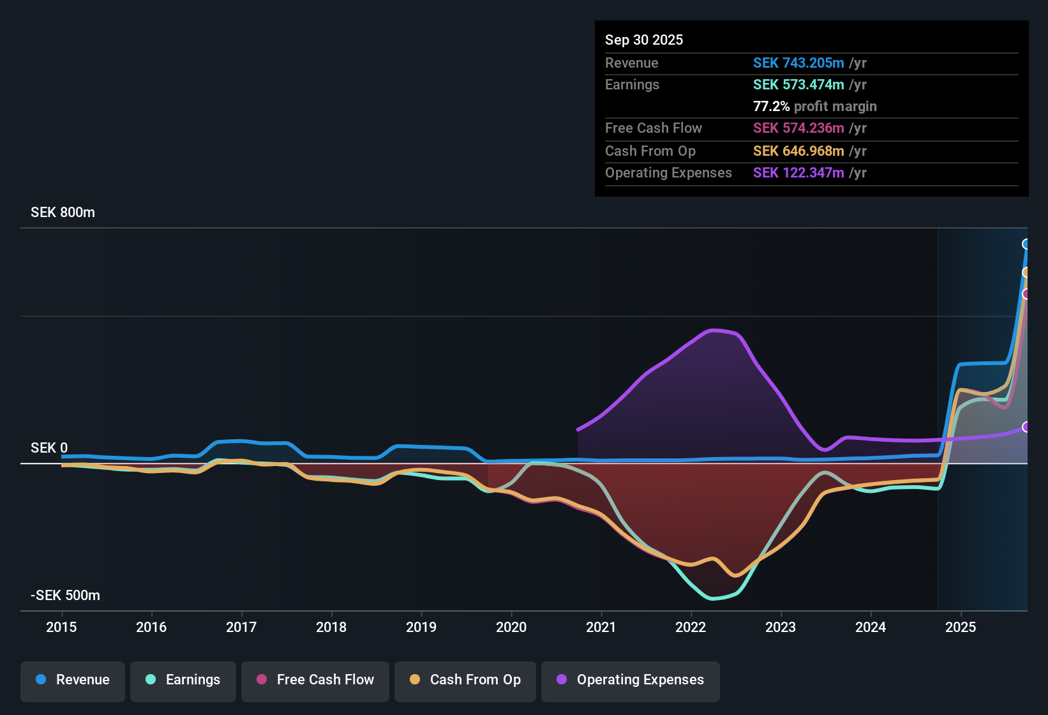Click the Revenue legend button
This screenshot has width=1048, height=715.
pos(73,680)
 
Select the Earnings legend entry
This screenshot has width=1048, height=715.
pos(183,680)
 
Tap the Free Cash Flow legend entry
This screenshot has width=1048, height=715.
pos(315,680)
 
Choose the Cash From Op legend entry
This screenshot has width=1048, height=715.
pos(465,680)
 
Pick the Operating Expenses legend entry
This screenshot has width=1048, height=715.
pos(630,680)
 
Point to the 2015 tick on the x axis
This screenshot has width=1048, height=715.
pos(61,627)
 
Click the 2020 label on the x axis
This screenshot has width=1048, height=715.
pos(511,627)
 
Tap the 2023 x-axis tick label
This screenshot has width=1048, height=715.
pos(781,627)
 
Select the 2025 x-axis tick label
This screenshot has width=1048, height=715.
pos(961,627)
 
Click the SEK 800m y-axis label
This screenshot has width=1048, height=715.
pos(63,213)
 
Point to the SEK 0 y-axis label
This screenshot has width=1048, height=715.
pos(49,448)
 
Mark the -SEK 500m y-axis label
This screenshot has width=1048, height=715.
pos(65,596)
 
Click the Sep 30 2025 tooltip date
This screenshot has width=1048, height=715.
pos(643,40)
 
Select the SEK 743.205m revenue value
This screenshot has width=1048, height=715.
pos(798,63)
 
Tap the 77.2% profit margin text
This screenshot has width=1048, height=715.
pos(814,106)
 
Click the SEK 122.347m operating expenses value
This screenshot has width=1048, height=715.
pos(798,173)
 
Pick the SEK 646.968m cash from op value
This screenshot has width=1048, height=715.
pos(798,151)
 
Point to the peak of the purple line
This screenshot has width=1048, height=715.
pos(713,330)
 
